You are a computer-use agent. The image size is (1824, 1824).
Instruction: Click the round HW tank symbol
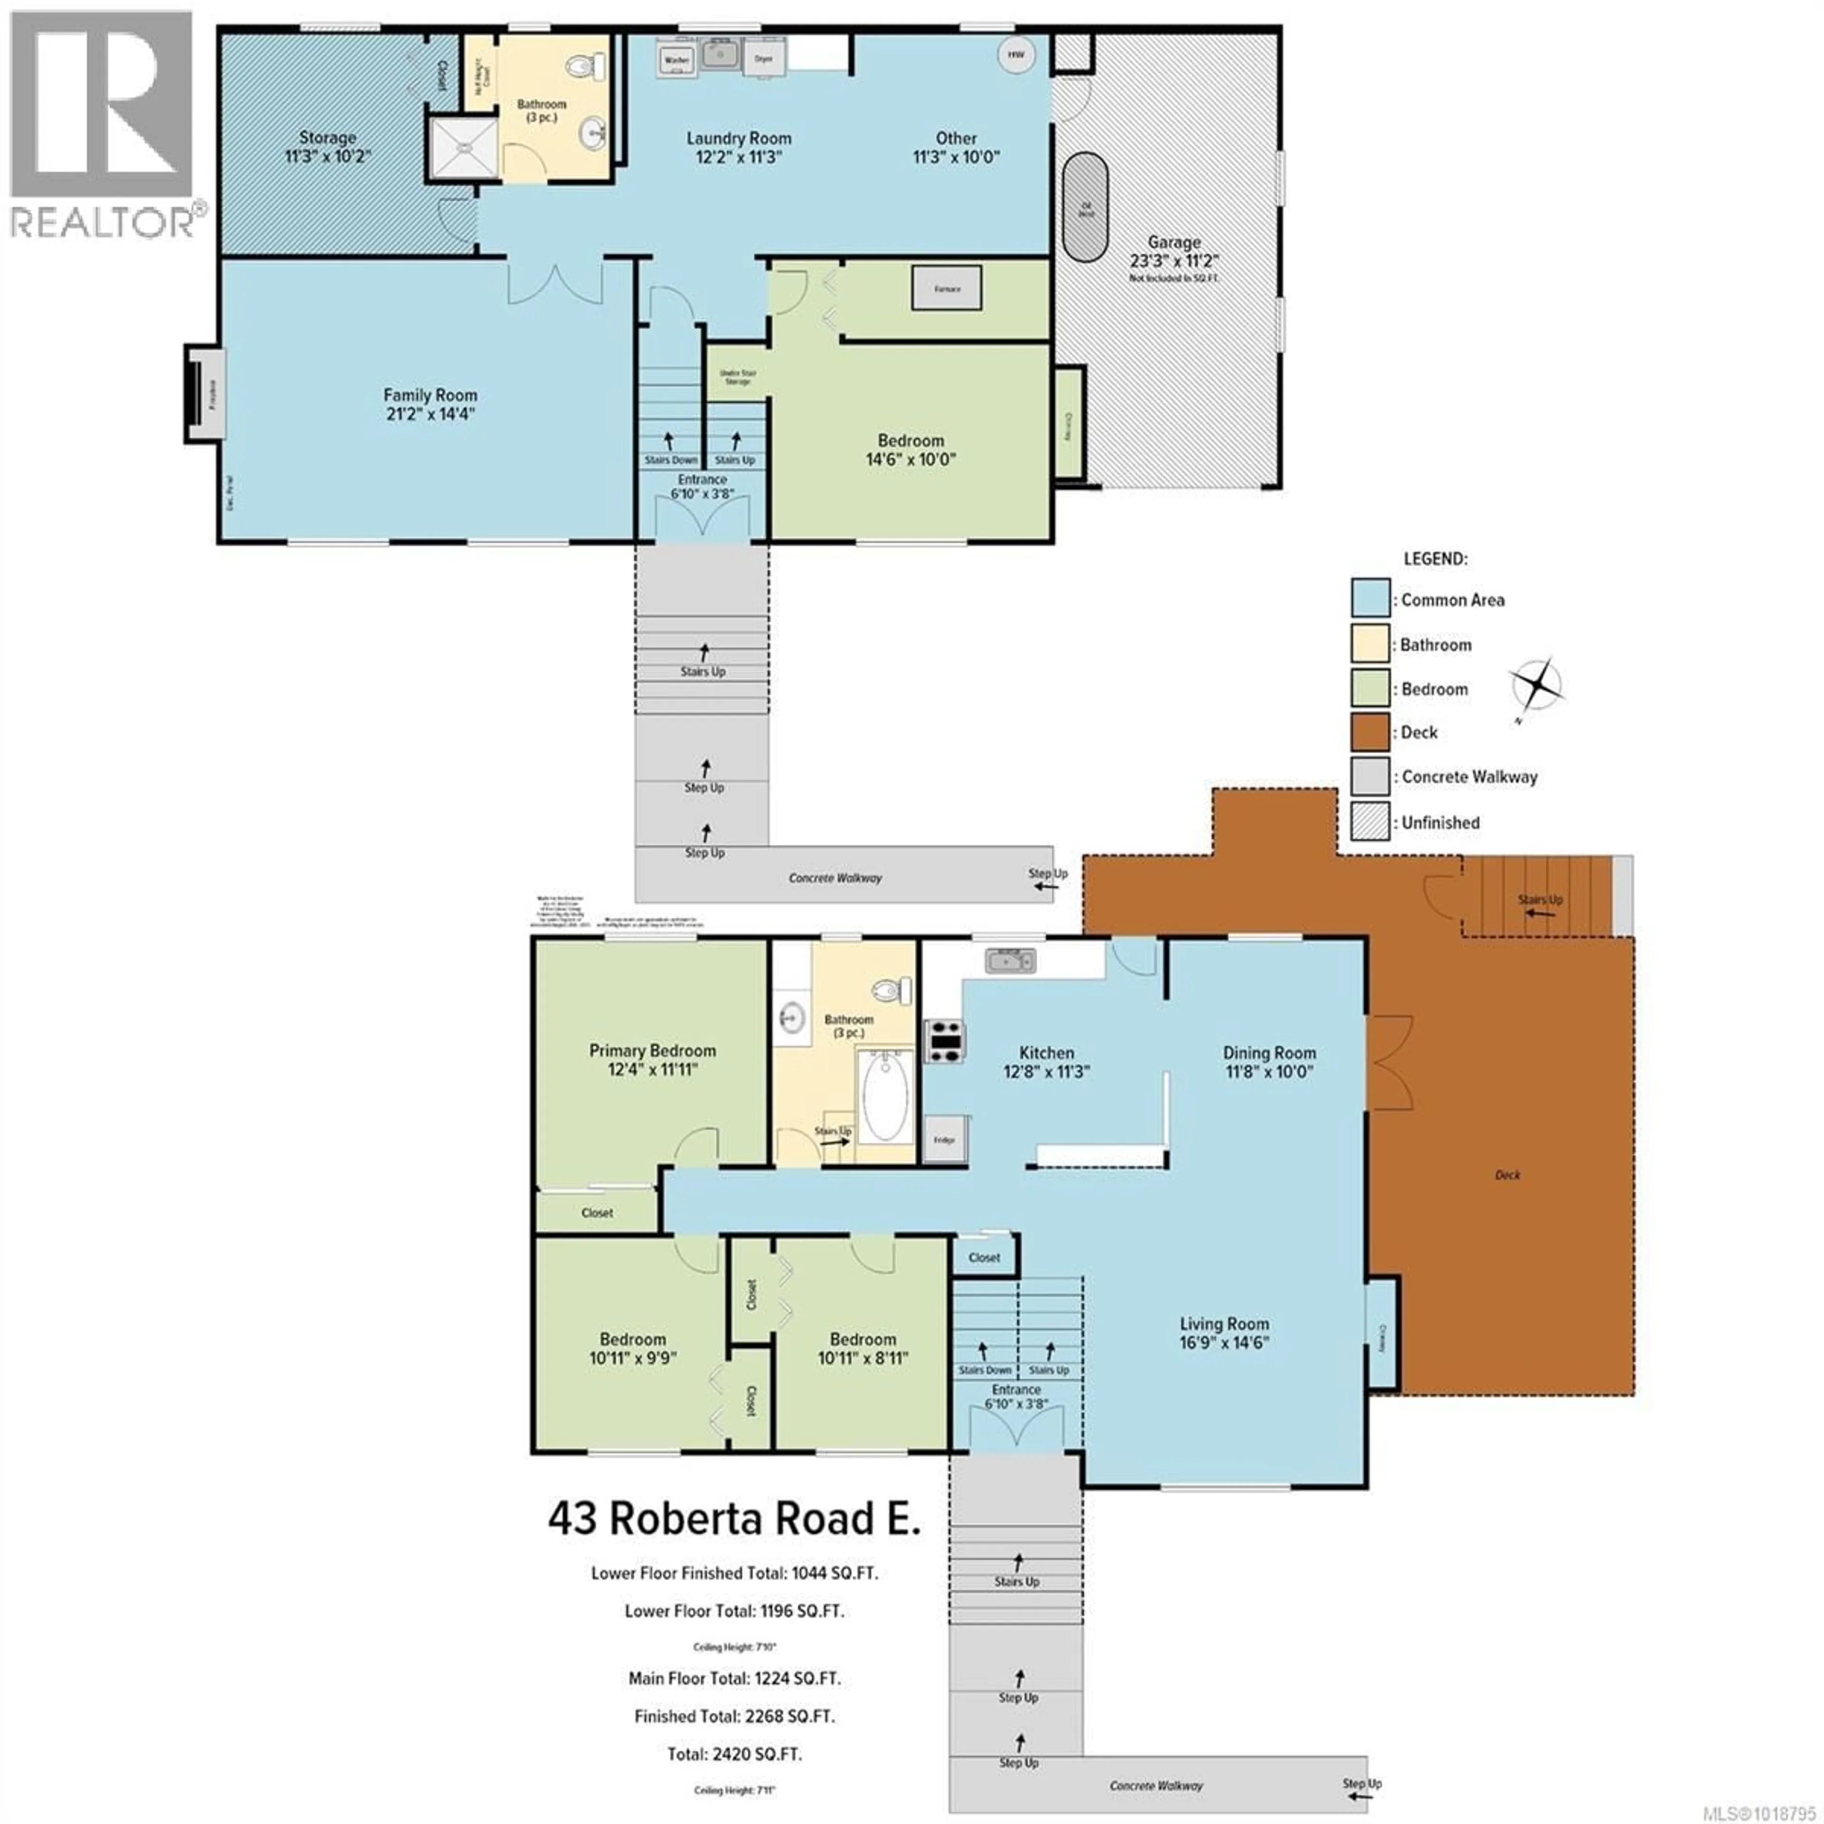1015,55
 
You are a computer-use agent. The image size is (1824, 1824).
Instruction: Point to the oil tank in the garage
1086,208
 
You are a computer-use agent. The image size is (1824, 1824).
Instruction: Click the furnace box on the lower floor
947,288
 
